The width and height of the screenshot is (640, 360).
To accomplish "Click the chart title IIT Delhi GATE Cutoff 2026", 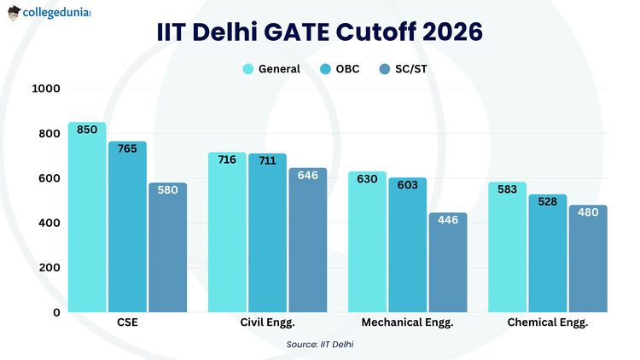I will (320, 32).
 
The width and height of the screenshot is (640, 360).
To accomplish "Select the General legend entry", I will (271, 69).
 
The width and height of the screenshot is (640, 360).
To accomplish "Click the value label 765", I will (127, 148).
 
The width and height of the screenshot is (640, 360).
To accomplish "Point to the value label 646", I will (307, 175).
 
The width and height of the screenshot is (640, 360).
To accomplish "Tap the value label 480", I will (588, 212).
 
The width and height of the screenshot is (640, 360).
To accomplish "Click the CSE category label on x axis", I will (127, 323).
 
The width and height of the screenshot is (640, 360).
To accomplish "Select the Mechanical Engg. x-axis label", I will (407, 323).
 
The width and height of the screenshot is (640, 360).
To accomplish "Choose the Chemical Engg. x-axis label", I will (547, 323).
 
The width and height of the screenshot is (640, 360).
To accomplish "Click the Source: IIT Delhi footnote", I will (320, 344).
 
